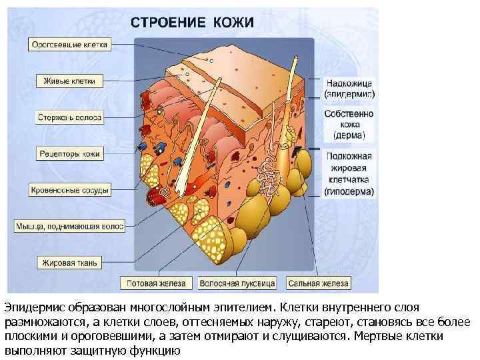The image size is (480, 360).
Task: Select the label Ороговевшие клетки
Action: (70, 45)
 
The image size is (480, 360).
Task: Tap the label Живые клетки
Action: (69, 81)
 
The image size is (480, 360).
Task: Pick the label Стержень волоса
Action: (69, 117)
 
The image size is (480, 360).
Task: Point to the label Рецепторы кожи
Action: (69, 153)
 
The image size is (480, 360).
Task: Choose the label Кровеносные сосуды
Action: (69, 190)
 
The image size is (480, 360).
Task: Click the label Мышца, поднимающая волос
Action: (69, 227)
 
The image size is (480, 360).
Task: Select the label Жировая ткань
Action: (69, 263)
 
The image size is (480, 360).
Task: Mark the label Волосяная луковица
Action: (237, 283)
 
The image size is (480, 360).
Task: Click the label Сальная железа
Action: (318, 283)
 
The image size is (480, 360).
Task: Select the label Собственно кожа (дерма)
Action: (349, 124)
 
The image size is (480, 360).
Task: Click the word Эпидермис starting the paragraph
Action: (30, 307)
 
